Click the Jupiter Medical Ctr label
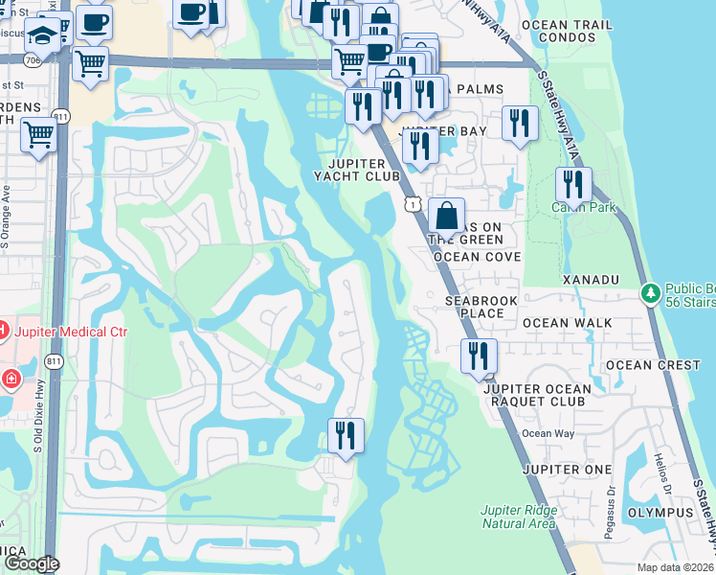click(70, 332)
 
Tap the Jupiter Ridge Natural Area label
click(518, 517)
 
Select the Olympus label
click(660, 513)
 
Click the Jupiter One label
click(567, 470)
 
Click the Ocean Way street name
click(549, 434)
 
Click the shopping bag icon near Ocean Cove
click(446, 216)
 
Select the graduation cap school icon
click(42, 37)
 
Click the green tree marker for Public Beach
click(651, 290)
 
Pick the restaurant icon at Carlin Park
click(573, 185)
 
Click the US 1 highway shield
click(412, 202)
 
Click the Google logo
click(32, 564)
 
